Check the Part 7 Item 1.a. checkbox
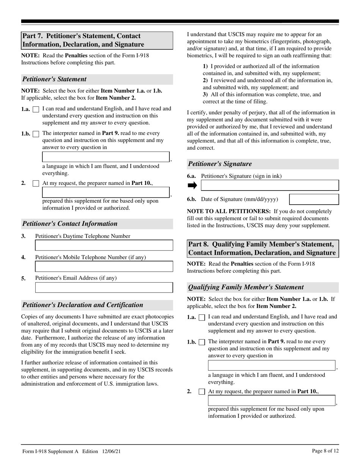[36, 109]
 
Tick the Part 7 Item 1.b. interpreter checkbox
[36, 134]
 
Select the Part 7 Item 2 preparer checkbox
[36, 183]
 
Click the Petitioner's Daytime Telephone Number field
[104, 246]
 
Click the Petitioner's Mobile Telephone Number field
[104, 266]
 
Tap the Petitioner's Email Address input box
[104, 288]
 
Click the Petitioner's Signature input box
[269, 185]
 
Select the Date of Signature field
[314, 199]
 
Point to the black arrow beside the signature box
[192, 185]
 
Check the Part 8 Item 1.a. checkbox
[202, 317]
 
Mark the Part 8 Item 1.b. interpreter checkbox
[202, 342]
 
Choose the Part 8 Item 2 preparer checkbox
[202, 391]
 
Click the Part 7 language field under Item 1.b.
[105, 157]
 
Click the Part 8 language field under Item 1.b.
[271, 366]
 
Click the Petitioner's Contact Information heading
[70, 224]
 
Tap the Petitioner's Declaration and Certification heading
[83, 305]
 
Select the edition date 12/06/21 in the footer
[112, 451]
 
